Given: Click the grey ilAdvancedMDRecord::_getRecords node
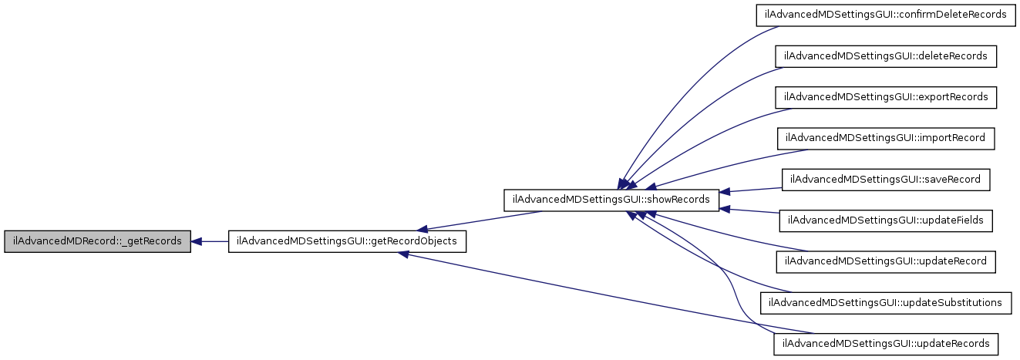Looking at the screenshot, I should coord(97,241).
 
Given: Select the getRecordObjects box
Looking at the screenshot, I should coord(347,241).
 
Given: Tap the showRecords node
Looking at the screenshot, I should coord(611,200).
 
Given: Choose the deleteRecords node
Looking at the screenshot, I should coord(886,56).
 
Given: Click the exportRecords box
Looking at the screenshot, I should coord(886,97).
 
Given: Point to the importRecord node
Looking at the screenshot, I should coord(885,138).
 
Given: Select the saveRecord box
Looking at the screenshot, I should coord(886,179).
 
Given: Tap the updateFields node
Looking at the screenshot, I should coord(886,220).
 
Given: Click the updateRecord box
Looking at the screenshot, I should coord(886,261).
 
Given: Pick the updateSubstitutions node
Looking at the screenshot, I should coord(885,302).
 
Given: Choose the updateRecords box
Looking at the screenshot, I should coord(886,343).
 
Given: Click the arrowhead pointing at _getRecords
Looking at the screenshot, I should coord(197,241).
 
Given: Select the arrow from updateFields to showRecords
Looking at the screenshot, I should coord(752,210).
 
